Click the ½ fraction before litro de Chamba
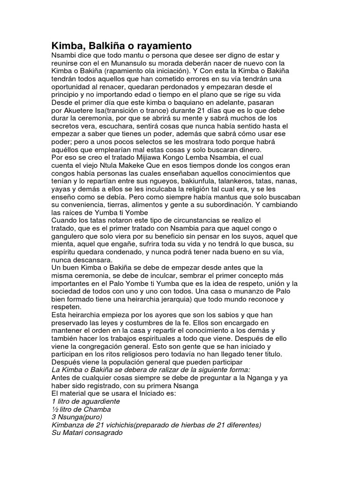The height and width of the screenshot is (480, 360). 54,410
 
